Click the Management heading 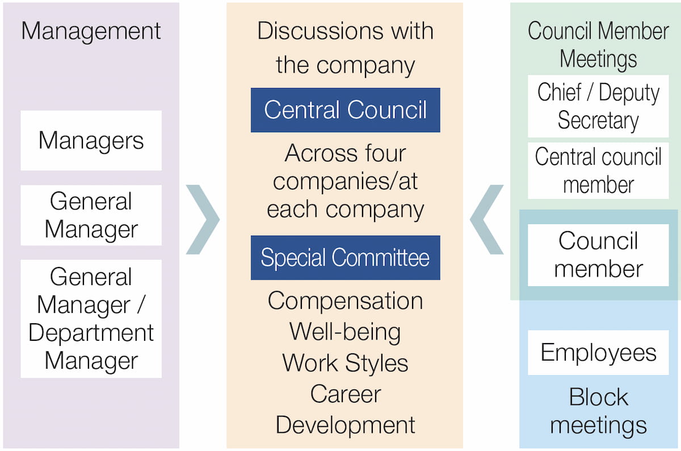click(x=91, y=31)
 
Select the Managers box click(x=91, y=140)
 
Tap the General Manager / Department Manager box click(x=91, y=319)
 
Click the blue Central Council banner click(x=345, y=110)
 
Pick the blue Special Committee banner click(x=345, y=258)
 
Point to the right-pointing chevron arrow click(x=203, y=219)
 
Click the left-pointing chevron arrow click(x=487, y=219)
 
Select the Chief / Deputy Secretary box click(x=598, y=106)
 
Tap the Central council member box click(x=598, y=170)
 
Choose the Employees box click(x=598, y=353)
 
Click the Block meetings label click(x=598, y=411)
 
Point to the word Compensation click(x=345, y=300)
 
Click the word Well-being click(x=345, y=332)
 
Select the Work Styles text click(x=345, y=363)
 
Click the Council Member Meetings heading click(x=598, y=45)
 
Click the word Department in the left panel click(x=91, y=333)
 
